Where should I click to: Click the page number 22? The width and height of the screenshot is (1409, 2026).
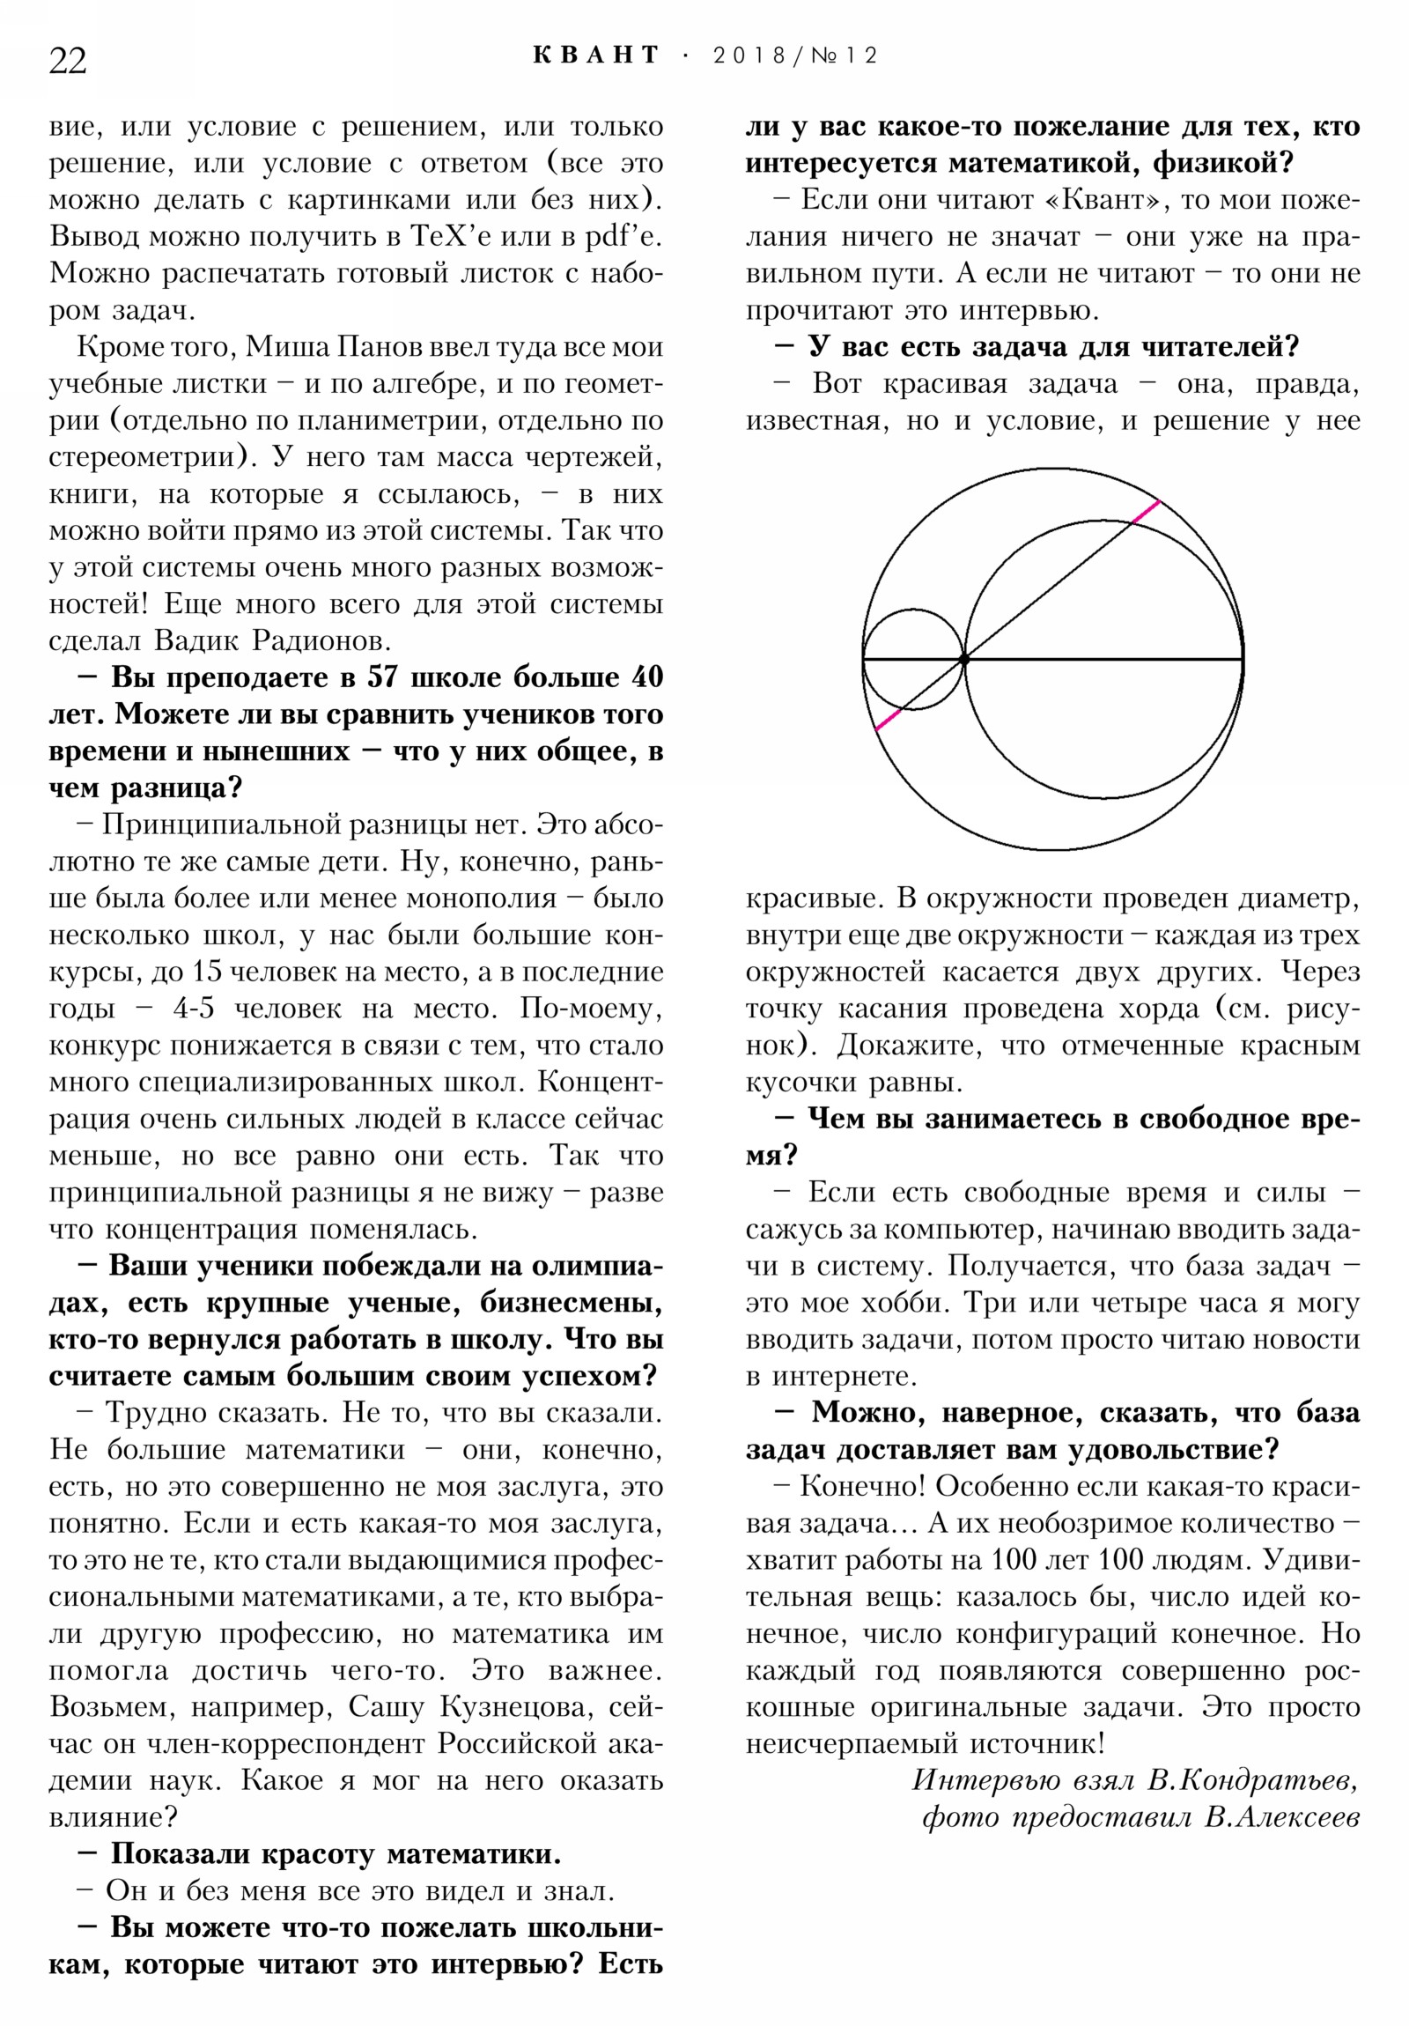(x=68, y=61)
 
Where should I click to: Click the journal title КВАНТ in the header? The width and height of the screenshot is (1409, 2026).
(x=596, y=55)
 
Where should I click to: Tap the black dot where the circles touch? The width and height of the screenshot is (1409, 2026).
(x=964, y=659)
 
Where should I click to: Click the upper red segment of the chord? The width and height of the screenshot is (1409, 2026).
(x=1146, y=512)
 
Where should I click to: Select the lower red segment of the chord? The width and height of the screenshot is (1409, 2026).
(x=889, y=718)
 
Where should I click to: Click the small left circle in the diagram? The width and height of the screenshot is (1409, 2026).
(x=913, y=659)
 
